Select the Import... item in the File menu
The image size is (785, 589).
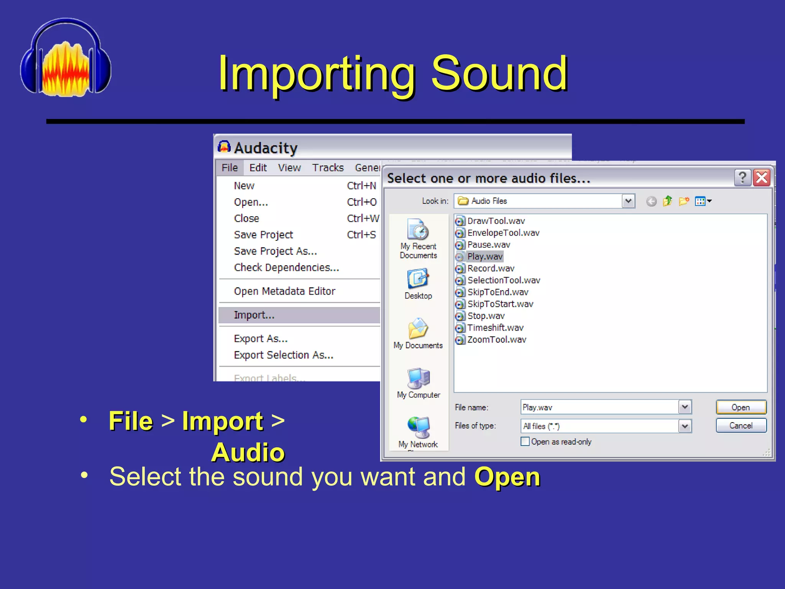(x=254, y=315)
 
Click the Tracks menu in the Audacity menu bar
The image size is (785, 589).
(x=328, y=168)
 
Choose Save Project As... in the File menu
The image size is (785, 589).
(x=275, y=251)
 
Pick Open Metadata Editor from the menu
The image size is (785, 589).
(x=284, y=291)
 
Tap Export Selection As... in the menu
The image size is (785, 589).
(x=284, y=355)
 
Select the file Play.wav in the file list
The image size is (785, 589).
(x=484, y=257)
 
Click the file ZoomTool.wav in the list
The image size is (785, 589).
(x=496, y=340)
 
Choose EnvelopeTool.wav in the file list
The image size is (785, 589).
(x=503, y=233)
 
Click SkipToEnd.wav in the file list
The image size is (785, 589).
(x=498, y=292)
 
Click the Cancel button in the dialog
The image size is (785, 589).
(x=741, y=426)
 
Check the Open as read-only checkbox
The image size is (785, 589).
(x=525, y=442)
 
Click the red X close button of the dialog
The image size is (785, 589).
(x=762, y=178)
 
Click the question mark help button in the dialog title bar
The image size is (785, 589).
(x=742, y=178)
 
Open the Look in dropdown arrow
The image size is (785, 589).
(x=628, y=201)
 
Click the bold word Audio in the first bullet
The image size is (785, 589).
(x=248, y=452)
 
